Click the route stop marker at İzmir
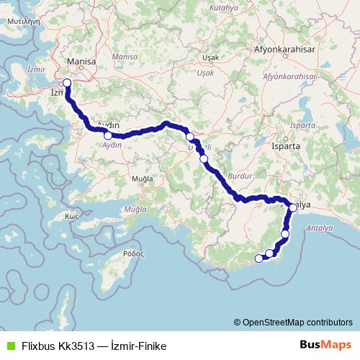tap(67, 83)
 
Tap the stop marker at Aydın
tap(108, 135)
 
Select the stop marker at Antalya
tap(293, 208)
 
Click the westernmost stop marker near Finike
tap(259, 258)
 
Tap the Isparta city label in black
tap(300, 144)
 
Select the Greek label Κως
tap(71, 216)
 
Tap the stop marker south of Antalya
tap(286, 234)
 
